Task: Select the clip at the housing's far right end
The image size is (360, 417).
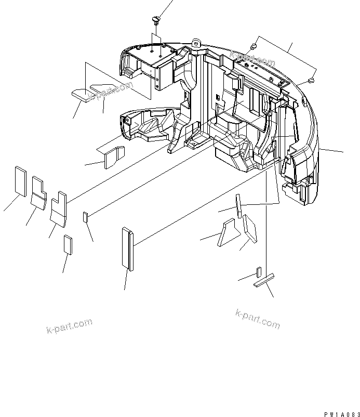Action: (311, 81)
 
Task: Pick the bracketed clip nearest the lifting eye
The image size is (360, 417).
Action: (254, 47)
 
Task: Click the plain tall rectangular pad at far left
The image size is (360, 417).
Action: (20, 181)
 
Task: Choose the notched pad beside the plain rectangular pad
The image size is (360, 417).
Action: (38, 190)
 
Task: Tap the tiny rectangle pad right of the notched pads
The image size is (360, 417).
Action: (86, 216)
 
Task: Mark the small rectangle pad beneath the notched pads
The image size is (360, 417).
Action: (67, 243)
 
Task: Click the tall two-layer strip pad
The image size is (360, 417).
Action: (128, 249)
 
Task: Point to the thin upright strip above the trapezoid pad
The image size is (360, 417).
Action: (238, 205)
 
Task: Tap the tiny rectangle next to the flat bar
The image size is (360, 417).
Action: (258, 272)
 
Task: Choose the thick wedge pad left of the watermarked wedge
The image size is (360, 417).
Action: (81, 94)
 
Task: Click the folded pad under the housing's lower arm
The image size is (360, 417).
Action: (114, 157)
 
